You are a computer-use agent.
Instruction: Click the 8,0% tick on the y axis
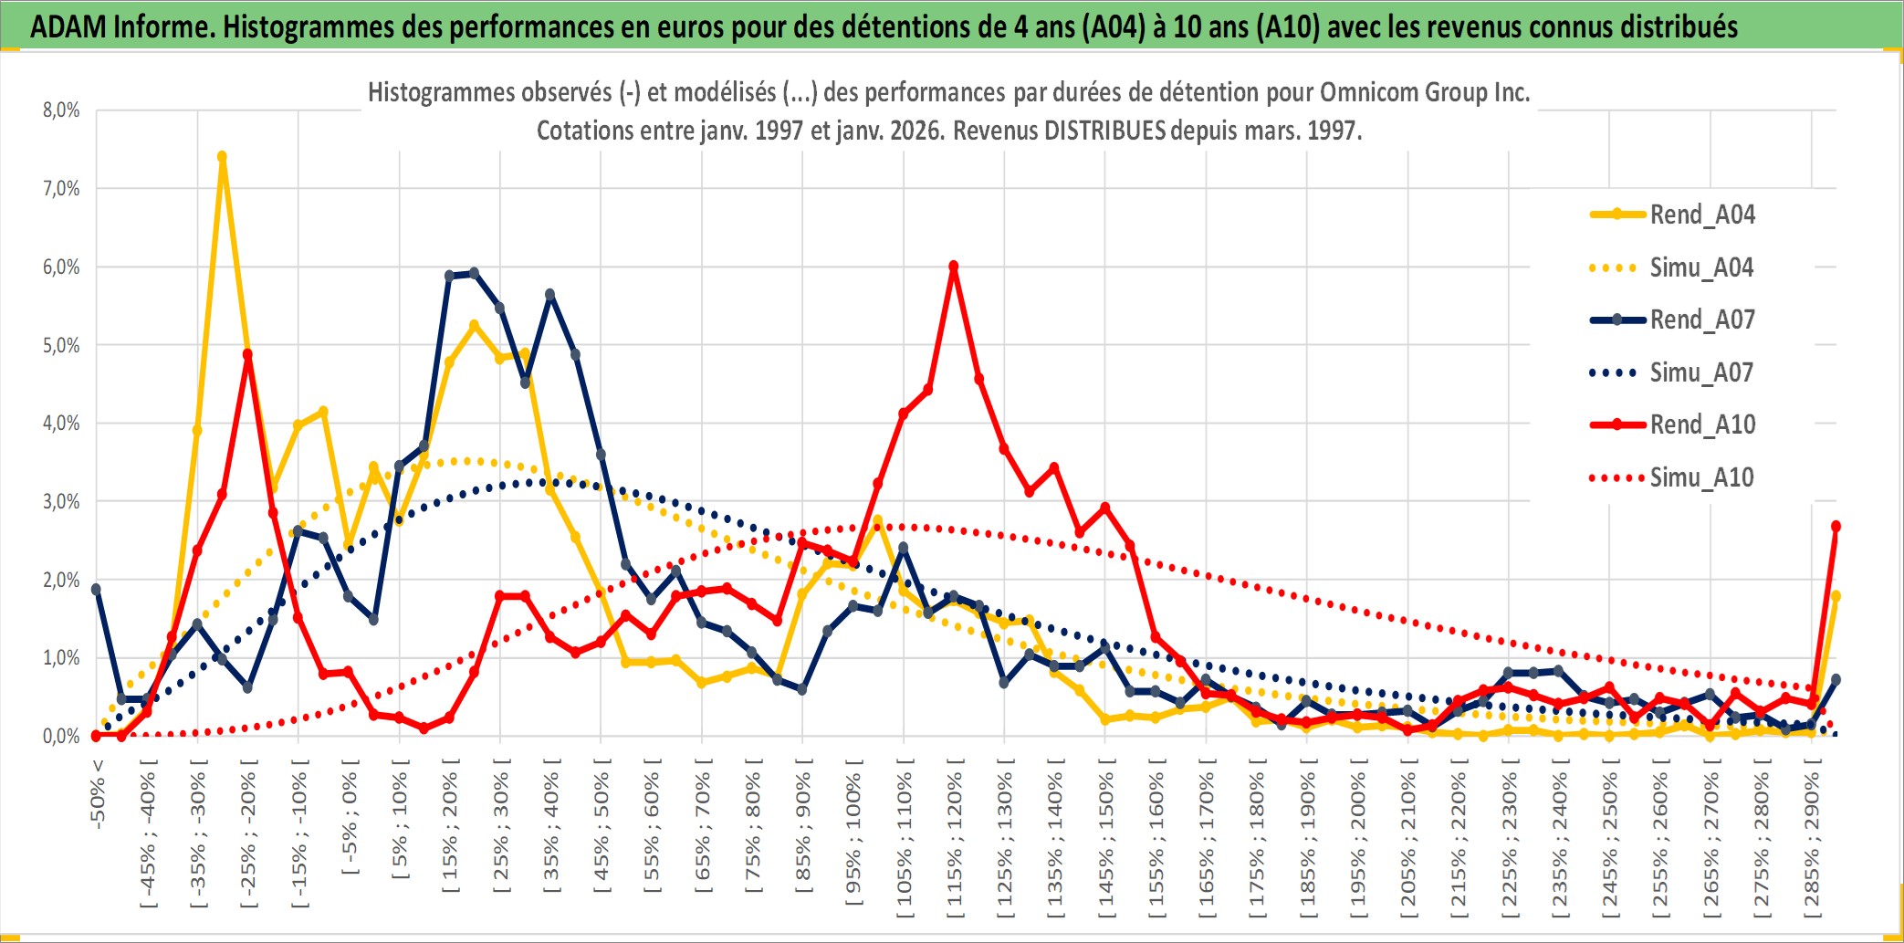pos(61,110)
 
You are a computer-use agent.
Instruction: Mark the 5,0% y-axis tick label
pos(61,345)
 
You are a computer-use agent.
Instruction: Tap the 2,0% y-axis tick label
pos(61,580)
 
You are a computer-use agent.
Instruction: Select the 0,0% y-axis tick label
pos(61,736)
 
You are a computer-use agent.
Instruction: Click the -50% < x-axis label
pos(98,793)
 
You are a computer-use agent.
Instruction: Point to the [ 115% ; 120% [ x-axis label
pos(955,840)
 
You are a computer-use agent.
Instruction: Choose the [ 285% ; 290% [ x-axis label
pos(1812,840)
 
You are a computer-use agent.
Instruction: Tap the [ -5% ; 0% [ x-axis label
pos(350,817)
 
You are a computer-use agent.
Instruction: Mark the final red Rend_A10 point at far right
pos(1836,527)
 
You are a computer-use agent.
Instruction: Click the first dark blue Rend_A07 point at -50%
pos(97,590)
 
